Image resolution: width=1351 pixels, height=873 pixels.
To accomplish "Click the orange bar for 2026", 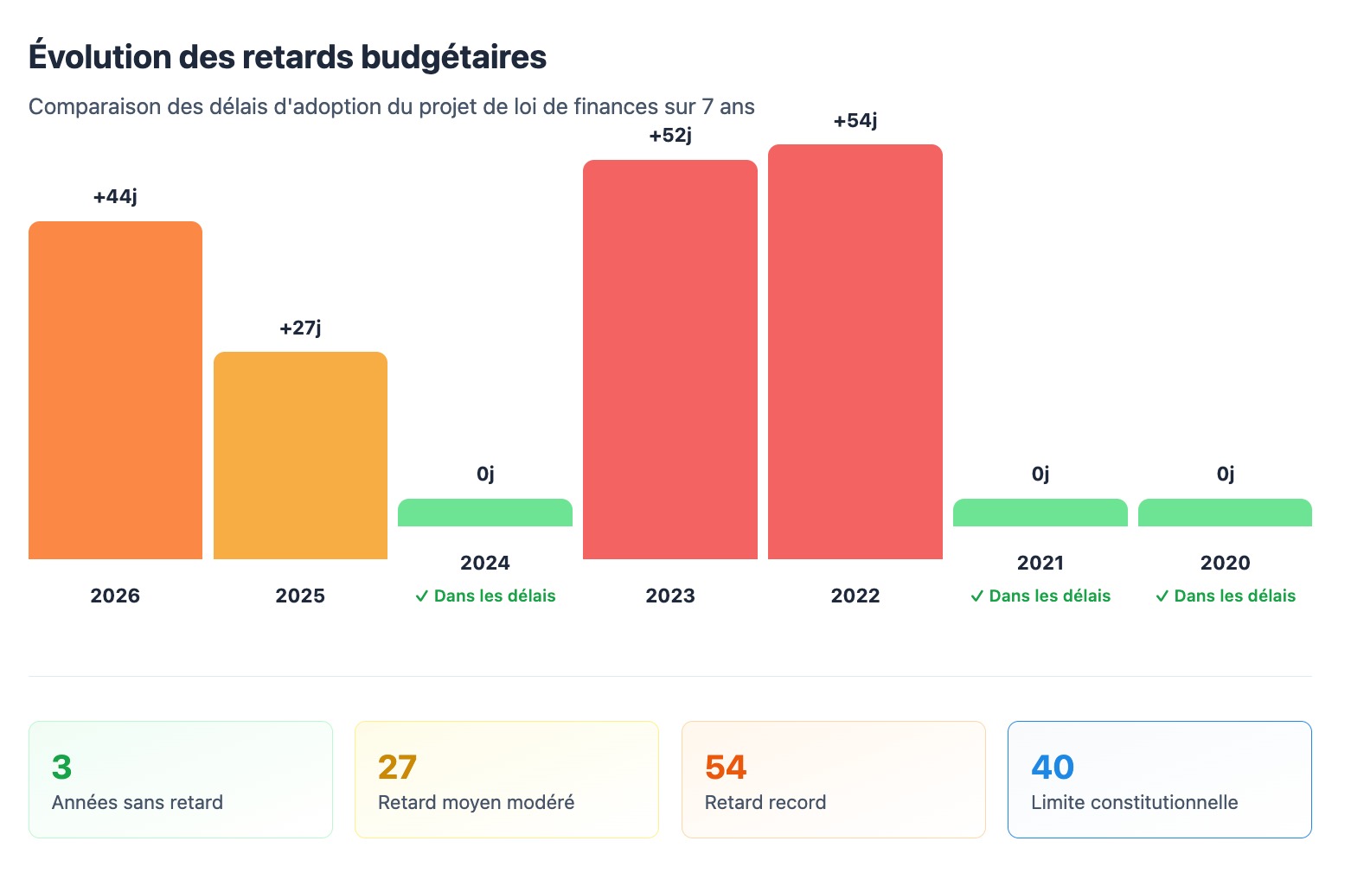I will (115, 390).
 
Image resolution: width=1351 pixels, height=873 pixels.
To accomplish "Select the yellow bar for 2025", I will (300, 456).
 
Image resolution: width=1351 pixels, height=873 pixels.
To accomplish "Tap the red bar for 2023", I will (670, 360).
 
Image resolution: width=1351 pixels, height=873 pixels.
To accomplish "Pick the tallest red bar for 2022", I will (855, 352).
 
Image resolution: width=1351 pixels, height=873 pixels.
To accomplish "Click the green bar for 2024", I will (485, 513).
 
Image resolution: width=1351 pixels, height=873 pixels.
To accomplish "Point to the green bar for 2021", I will (1040, 513).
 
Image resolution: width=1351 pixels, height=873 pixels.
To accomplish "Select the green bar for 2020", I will (1225, 513).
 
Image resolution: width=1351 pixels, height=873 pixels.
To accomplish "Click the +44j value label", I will (115, 197).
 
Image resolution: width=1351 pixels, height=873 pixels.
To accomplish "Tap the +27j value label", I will (300, 328).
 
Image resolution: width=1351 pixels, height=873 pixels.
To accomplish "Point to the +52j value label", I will (670, 136).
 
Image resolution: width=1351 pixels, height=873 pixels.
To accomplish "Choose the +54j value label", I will (855, 121).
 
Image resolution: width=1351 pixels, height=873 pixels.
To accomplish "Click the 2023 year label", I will (670, 596).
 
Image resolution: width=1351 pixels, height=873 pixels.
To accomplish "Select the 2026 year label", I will (115, 596).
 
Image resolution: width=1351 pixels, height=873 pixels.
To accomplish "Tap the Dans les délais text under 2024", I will (495, 596).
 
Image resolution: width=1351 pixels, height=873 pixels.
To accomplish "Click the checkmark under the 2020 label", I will (1162, 596).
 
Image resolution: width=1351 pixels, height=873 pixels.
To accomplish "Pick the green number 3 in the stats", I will (61, 767).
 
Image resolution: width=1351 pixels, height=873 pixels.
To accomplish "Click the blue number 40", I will (1053, 767).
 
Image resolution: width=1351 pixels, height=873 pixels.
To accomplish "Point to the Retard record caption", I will (765, 802).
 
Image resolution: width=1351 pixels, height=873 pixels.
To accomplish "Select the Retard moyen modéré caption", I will (476, 802).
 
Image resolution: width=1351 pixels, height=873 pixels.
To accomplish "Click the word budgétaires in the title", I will (453, 57).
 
